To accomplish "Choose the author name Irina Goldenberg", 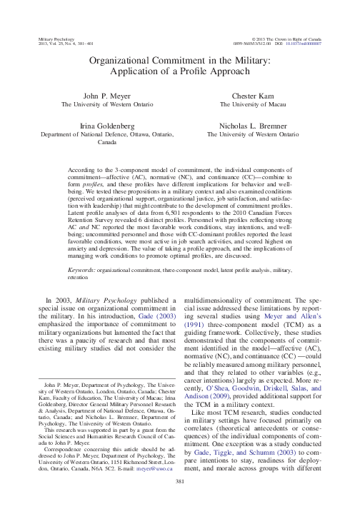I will coord(106,124).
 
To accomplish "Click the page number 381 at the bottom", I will coord(180,503).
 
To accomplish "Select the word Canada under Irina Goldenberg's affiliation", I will coord(106,142).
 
